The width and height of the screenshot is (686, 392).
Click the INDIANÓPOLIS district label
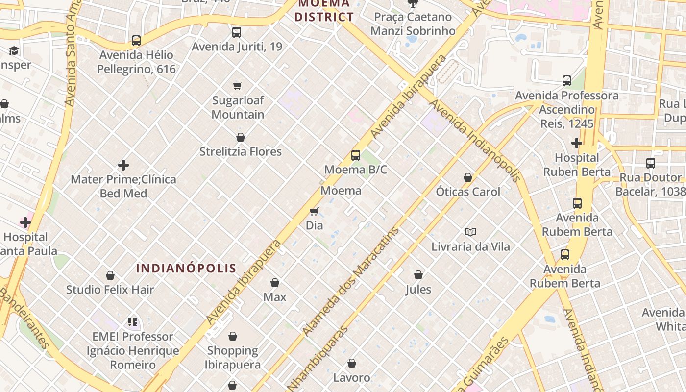click(186, 268)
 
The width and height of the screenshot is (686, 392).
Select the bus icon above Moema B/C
click(356, 155)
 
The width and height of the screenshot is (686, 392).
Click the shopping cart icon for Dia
click(314, 211)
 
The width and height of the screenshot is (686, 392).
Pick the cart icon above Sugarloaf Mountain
click(238, 86)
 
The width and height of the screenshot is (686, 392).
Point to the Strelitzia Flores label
click(240, 151)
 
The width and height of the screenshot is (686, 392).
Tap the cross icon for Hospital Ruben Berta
click(577, 143)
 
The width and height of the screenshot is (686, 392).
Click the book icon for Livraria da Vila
click(470, 232)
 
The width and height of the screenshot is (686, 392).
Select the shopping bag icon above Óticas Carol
click(468, 177)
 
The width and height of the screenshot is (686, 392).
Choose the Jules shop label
click(418, 289)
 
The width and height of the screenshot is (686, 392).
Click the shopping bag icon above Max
click(275, 283)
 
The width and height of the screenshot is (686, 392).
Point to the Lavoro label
click(351, 377)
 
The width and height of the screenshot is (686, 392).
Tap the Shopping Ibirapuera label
click(233, 358)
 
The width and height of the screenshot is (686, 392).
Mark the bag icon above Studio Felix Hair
click(110, 275)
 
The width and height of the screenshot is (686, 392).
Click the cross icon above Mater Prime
click(123, 165)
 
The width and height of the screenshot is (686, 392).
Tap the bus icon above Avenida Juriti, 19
click(237, 32)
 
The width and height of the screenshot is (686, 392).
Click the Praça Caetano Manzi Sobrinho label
click(413, 24)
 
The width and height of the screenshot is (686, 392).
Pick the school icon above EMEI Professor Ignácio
click(133, 322)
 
